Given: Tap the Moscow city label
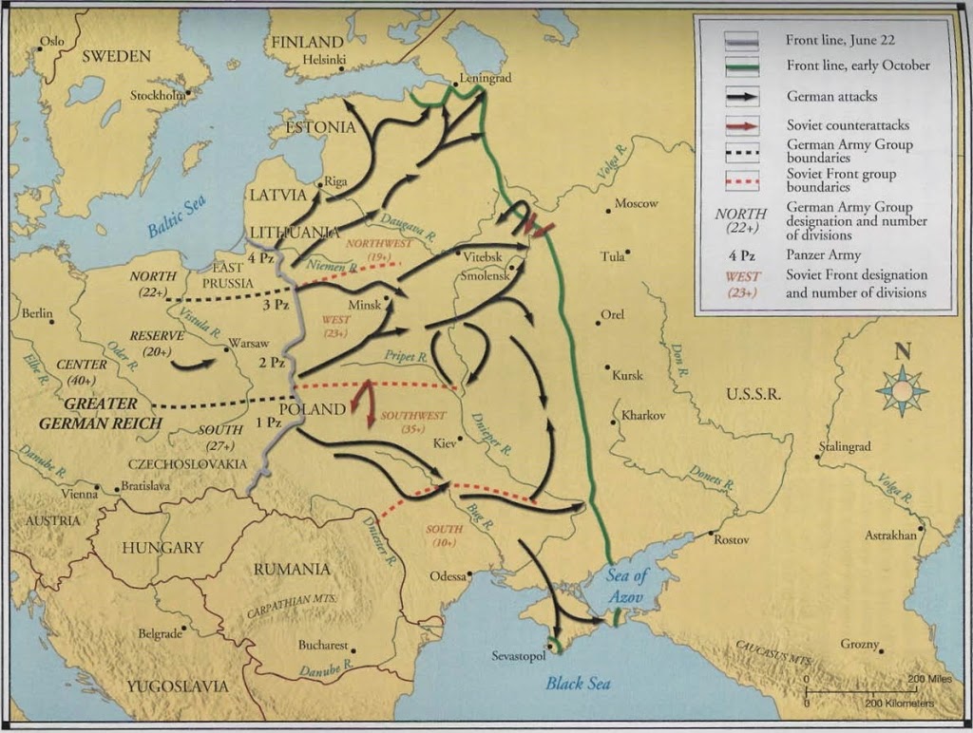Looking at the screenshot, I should point(636,203).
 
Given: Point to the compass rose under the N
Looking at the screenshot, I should point(901,390).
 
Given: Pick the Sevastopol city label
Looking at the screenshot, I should point(519,656).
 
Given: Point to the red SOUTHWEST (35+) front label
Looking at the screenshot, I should point(412,422).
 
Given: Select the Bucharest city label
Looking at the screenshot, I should point(324,644).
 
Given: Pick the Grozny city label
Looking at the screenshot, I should point(859,644).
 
